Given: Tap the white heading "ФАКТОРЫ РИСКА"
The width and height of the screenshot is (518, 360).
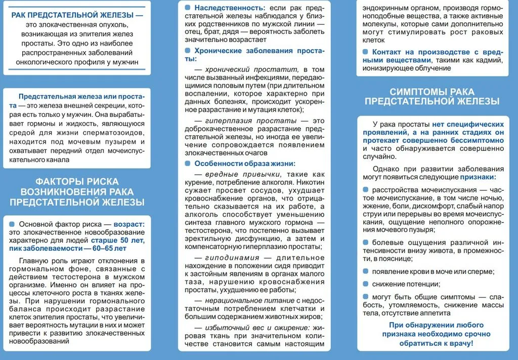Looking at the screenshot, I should [x=77, y=182].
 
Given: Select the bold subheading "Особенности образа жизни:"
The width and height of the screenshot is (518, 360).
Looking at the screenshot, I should [x=245, y=164].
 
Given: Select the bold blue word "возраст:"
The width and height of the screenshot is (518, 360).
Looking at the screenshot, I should [x=128, y=224].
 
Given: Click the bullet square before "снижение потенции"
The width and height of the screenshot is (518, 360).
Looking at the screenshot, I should [x=366, y=284].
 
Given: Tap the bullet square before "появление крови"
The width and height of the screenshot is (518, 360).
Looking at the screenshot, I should [x=366, y=271].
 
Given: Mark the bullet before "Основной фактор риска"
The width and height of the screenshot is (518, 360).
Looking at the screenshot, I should [x=12, y=224].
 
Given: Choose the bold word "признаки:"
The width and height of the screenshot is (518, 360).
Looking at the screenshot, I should [x=478, y=178].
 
